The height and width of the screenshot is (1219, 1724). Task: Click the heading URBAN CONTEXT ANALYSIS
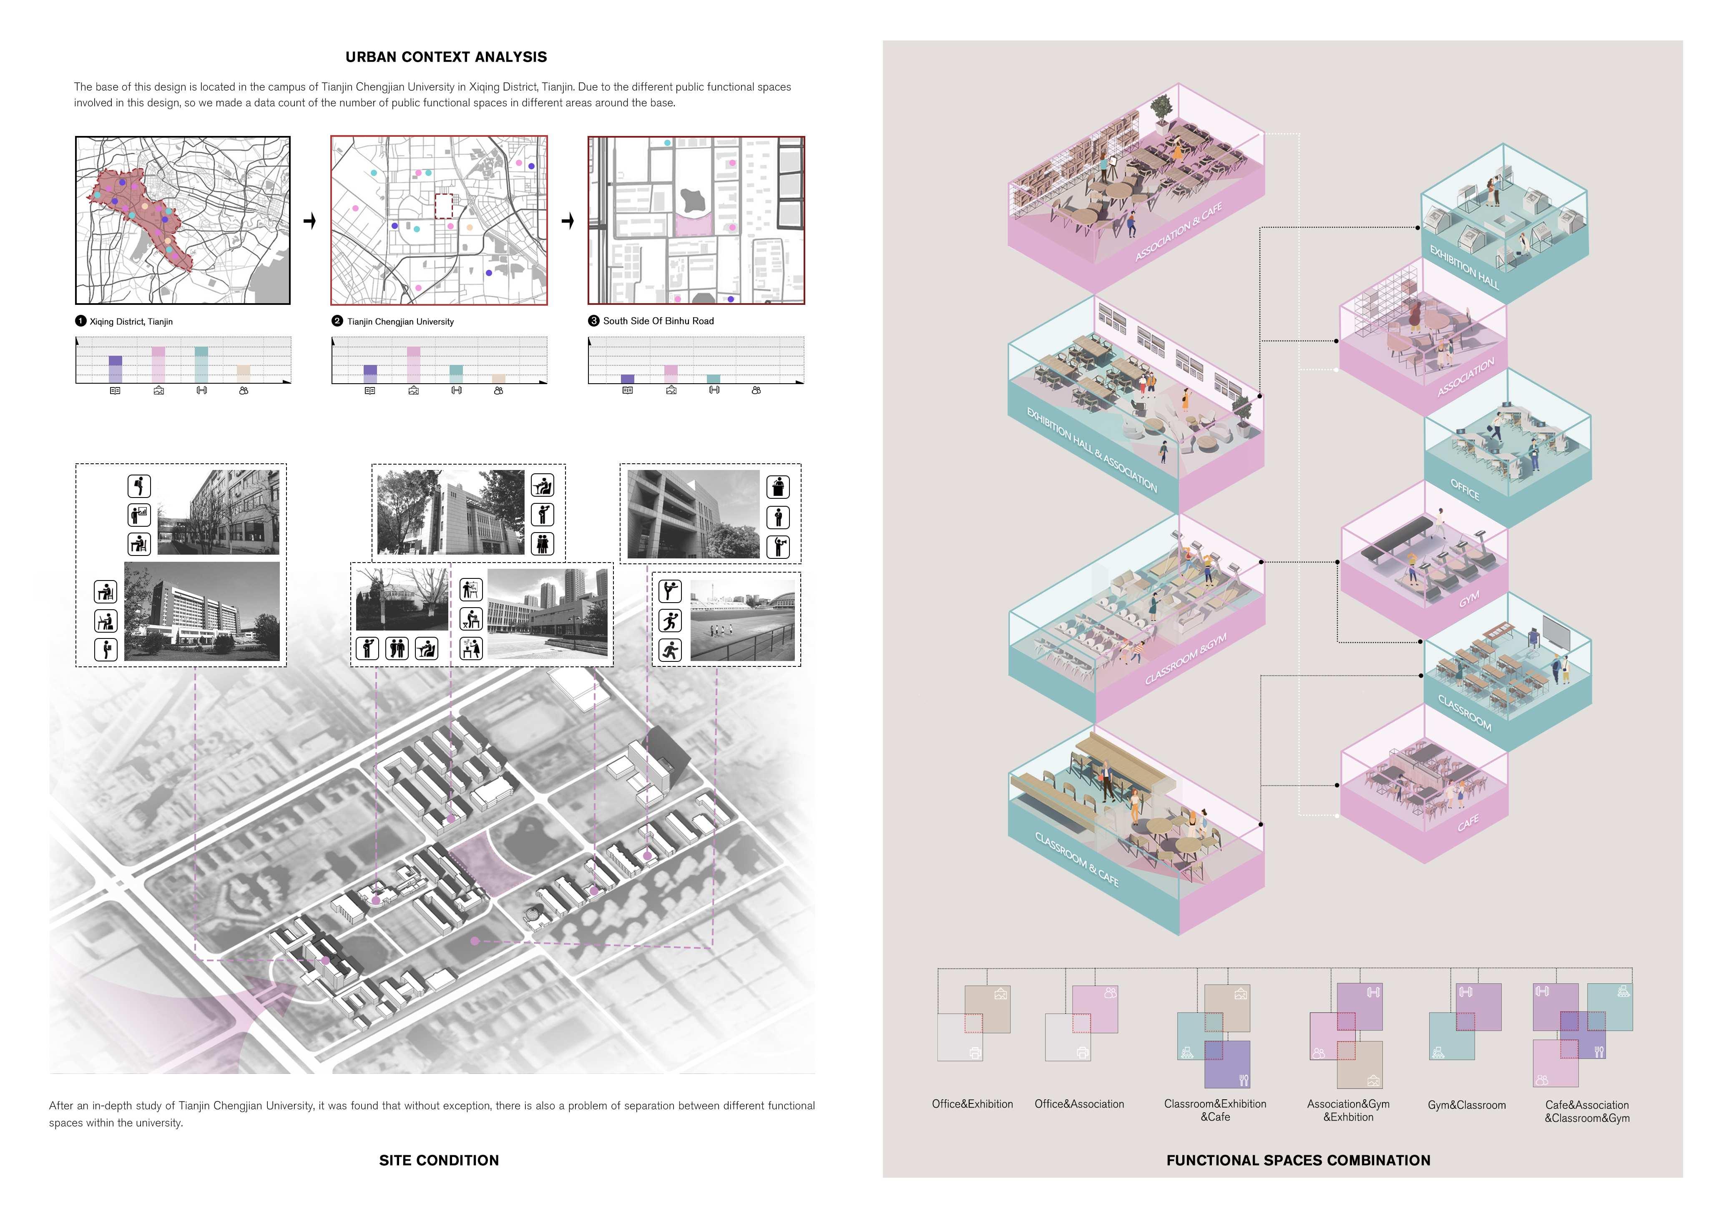click(446, 57)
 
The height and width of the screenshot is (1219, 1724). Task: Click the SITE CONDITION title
click(439, 1161)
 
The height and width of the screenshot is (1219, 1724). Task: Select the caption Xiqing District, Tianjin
click(131, 322)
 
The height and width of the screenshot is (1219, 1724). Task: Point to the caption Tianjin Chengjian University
click(400, 322)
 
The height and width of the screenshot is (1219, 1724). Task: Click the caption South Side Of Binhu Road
click(658, 321)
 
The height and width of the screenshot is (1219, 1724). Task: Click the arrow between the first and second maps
click(309, 221)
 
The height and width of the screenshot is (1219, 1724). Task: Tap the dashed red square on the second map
click(445, 206)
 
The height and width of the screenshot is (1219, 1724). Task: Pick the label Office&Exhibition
click(973, 1104)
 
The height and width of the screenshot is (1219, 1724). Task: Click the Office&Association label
click(1079, 1104)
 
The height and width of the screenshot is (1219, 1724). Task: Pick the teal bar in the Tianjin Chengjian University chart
click(456, 373)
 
